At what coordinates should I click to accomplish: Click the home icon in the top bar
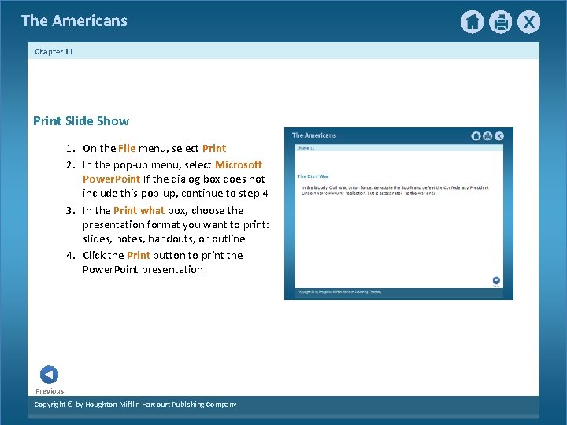(x=472, y=22)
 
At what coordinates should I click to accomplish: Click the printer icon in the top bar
(x=500, y=22)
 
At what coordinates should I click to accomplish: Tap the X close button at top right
(x=528, y=22)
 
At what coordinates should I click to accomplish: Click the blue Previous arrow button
(x=49, y=375)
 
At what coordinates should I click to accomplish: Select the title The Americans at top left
(x=74, y=21)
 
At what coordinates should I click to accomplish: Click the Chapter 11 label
(x=54, y=52)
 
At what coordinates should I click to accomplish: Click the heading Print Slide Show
(x=81, y=121)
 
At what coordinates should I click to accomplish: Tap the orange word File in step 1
(x=128, y=149)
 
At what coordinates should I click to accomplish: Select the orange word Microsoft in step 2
(x=239, y=165)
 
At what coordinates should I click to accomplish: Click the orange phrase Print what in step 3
(x=139, y=211)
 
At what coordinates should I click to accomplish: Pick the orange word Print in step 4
(x=139, y=256)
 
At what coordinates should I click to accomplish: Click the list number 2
(x=69, y=165)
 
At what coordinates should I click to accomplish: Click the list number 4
(x=69, y=256)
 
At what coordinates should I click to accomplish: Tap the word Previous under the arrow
(x=50, y=391)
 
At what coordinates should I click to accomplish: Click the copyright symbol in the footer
(x=69, y=405)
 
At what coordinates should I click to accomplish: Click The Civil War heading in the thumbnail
(x=313, y=176)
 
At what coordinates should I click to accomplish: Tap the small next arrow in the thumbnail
(x=496, y=279)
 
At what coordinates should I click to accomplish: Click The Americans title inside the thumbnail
(x=314, y=135)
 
